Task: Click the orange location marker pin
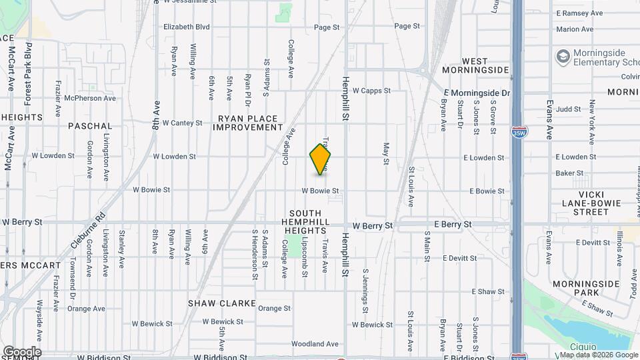click(x=320, y=159)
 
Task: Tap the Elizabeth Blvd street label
click(x=187, y=27)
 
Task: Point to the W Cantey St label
click(x=177, y=123)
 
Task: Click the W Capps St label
click(x=371, y=91)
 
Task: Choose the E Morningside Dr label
click(x=477, y=93)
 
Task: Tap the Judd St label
click(x=569, y=108)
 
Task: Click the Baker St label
click(x=569, y=173)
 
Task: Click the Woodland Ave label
click(x=315, y=344)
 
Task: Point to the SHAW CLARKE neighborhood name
click(x=222, y=303)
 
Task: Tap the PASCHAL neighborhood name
click(x=90, y=125)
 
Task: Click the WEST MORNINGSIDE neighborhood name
click(x=475, y=65)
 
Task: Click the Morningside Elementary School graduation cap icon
click(x=564, y=56)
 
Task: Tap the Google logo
click(x=22, y=351)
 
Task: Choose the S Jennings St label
click(x=366, y=291)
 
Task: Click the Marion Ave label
click(x=575, y=29)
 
